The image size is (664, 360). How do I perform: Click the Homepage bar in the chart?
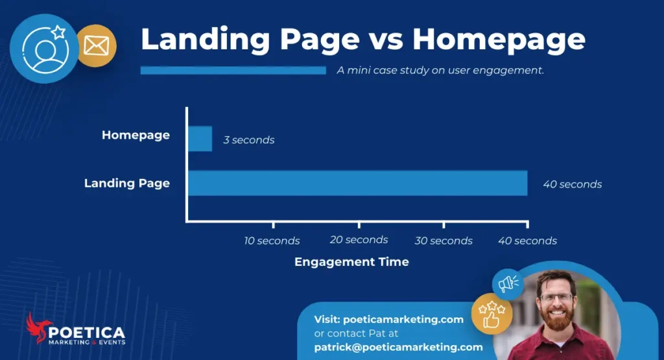pyautogui.click(x=200, y=139)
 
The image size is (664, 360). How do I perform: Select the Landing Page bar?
pyautogui.click(x=357, y=183)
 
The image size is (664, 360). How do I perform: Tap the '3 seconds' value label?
pyautogui.click(x=249, y=140)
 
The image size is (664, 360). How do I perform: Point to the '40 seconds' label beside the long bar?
pyautogui.click(x=572, y=184)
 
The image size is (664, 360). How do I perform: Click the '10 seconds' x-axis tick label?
pyautogui.click(x=272, y=241)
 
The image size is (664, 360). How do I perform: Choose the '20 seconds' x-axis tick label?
pyautogui.click(x=359, y=240)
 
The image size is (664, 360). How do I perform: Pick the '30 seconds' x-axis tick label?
pyautogui.click(x=444, y=241)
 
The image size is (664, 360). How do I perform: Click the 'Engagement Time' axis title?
pyautogui.click(x=351, y=262)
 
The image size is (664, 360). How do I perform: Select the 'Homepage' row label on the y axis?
pyautogui.click(x=136, y=136)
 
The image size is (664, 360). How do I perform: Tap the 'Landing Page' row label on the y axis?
pyautogui.click(x=127, y=183)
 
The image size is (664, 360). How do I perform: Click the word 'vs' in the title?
pyautogui.click(x=386, y=40)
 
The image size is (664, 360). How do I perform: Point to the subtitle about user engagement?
pyautogui.click(x=440, y=70)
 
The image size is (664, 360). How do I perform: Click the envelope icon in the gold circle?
pyautogui.click(x=96, y=46)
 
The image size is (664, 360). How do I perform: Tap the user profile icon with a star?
pyautogui.click(x=44, y=47)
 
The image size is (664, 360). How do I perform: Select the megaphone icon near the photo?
pyautogui.click(x=506, y=283)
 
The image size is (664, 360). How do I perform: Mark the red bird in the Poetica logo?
pyautogui.click(x=37, y=328)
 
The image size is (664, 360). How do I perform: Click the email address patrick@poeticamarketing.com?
pyautogui.click(x=398, y=347)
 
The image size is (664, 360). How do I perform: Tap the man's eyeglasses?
pyautogui.click(x=556, y=298)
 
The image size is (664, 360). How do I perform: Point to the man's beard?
pyautogui.click(x=556, y=319)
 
